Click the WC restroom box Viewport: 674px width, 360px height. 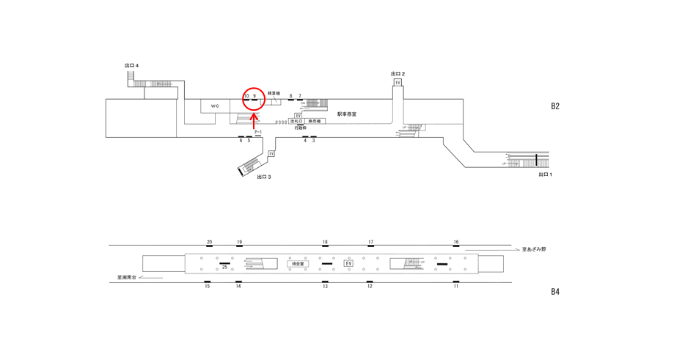pyautogui.click(x=215, y=106)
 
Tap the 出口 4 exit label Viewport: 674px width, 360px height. pyautogui.click(x=132, y=66)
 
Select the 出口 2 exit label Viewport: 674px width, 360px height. pyautogui.click(x=398, y=74)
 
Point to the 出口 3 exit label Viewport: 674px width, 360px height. pyautogui.click(x=264, y=177)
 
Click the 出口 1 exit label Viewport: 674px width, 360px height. pyautogui.click(x=545, y=175)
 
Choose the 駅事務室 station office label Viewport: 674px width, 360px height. pyautogui.click(x=347, y=114)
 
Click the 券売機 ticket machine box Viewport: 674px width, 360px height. pyautogui.click(x=314, y=121)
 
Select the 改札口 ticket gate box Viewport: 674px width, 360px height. pyautogui.click(x=296, y=121)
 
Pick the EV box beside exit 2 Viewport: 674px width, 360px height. pyautogui.click(x=398, y=82)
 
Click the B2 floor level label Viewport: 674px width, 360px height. pyautogui.click(x=555, y=106)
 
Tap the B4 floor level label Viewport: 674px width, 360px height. pyautogui.click(x=555, y=291)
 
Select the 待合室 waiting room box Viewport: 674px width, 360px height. pyautogui.click(x=298, y=263)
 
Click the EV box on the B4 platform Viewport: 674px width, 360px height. pyautogui.click(x=348, y=263)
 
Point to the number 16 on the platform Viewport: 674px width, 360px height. pyautogui.click(x=456, y=242)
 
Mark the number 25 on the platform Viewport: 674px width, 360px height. pyautogui.click(x=225, y=268)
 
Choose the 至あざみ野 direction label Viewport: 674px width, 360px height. pyautogui.click(x=534, y=250)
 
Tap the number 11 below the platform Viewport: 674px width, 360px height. pyautogui.click(x=456, y=286)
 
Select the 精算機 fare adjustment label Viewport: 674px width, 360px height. pyautogui.click(x=274, y=93)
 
